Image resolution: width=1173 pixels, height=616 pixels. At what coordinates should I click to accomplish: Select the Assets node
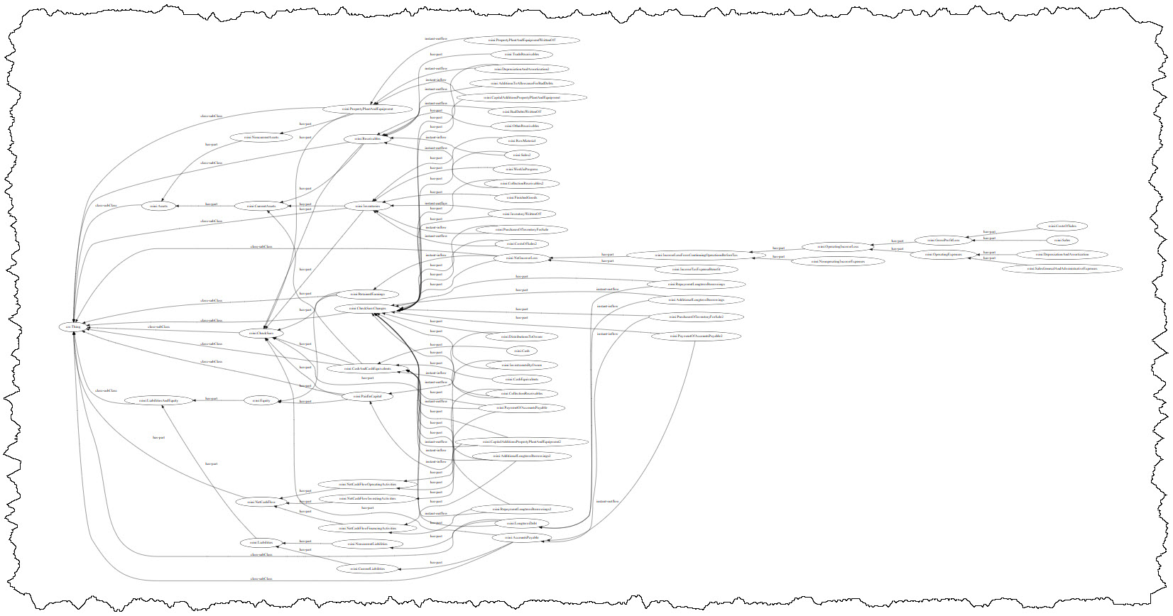(x=158, y=206)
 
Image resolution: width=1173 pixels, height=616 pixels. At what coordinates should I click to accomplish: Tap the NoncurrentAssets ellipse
(x=261, y=137)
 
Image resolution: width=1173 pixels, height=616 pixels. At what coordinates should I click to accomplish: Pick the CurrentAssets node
(x=261, y=206)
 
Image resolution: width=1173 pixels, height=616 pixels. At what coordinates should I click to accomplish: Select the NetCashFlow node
(x=261, y=502)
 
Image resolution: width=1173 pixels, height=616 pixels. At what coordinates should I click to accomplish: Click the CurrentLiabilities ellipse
(x=367, y=568)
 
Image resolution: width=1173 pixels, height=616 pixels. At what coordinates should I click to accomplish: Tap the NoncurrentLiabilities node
(x=367, y=544)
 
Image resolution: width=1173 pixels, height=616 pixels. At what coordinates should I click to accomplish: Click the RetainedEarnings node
(x=367, y=294)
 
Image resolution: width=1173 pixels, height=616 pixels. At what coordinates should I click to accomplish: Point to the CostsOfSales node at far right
(x=1062, y=226)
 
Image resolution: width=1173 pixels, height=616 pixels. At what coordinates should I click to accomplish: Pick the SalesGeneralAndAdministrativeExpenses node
(x=1061, y=269)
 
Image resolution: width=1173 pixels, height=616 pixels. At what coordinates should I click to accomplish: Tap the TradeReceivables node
(x=521, y=54)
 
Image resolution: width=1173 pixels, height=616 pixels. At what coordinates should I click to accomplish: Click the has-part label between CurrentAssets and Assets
(x=212, y=204)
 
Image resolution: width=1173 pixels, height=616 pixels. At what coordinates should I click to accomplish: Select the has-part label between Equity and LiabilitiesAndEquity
(x=212, y=398)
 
